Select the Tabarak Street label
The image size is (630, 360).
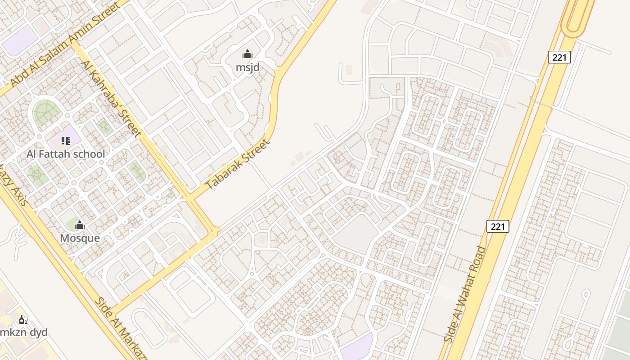pos(238,164)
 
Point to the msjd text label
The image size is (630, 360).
pos(247,67)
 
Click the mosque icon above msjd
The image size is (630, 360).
pos(247,55)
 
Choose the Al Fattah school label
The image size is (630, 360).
pos(66,154)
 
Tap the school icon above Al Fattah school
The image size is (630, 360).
pos(66,141)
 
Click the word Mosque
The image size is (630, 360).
pos(80,238)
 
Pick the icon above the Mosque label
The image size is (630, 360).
pos(80,225)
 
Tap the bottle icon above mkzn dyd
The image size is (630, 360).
pos(23,320)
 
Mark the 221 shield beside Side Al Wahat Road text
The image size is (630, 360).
pos(498,226)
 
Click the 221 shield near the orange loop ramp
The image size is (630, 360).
pos(559,57)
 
